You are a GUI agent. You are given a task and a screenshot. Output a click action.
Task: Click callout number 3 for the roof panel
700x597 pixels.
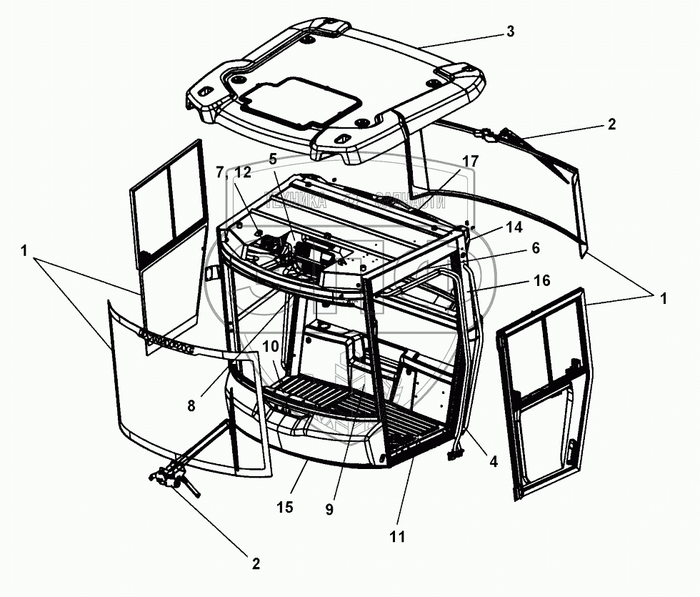pos(509,31)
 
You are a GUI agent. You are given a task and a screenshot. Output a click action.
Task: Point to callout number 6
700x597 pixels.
pos(535,248)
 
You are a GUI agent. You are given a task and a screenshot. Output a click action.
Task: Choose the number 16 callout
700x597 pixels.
pos(542,280)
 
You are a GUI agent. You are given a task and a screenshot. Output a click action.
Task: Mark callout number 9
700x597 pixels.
pos(329,510)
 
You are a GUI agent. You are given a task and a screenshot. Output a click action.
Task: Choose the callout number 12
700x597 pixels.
pos(242,172)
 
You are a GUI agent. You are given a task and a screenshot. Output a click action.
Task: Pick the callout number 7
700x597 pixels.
pos(220,172)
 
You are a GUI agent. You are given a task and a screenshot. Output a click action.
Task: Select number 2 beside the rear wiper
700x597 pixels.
pos(611,124)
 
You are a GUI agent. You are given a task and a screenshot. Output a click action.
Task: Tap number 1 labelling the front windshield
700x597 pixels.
pos(24,252)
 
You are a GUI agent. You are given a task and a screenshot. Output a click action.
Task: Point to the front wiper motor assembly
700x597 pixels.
pos(171,479)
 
